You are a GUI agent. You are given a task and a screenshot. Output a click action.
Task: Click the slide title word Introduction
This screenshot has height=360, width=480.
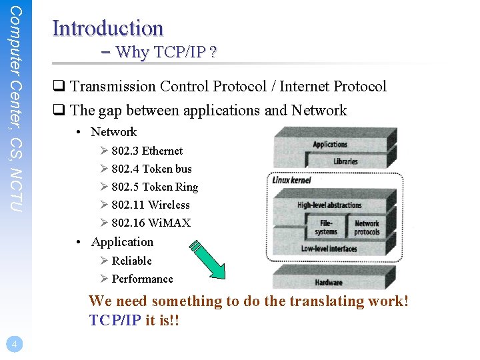click(107, 28)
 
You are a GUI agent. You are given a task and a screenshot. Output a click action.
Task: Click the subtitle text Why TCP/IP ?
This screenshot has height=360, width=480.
click(167, 52)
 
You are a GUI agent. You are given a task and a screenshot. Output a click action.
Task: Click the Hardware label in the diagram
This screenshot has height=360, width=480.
click(328, 282)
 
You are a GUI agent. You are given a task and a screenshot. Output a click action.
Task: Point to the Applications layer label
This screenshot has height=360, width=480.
click(330, 144)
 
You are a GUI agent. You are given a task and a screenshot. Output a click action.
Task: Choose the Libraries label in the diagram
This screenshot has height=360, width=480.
click(345, 161)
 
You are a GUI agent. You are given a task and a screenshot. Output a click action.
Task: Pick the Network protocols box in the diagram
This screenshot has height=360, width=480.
click(367, 227)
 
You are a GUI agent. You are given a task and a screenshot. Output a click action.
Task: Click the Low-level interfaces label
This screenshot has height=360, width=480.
click(329, 249)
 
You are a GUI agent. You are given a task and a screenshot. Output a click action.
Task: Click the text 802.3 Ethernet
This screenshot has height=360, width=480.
click(147, 151)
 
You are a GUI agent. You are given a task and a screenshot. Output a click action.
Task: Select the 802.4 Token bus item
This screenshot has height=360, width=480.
click(151, 169)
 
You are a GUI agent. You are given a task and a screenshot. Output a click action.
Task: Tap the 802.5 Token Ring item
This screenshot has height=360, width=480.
click(155, 187)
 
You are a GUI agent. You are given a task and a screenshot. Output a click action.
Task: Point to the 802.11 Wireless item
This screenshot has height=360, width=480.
click(151, 205)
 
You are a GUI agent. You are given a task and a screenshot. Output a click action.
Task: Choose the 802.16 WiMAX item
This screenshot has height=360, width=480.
click(151, 223)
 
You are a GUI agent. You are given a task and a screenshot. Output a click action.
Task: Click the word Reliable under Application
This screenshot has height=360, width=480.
click(131, 261)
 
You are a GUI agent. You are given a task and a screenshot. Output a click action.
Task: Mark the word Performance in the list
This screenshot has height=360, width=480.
click(142, 279)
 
